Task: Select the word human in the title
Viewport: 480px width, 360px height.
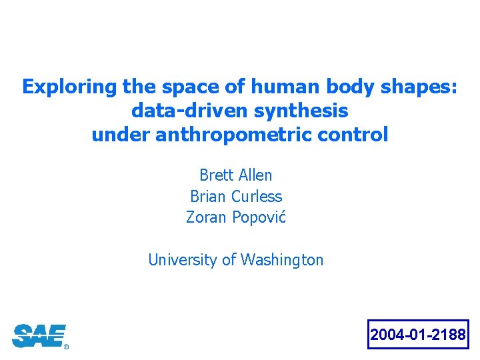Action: pyautogui.click(x=267, y=87)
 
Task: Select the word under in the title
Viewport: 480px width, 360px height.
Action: pyautogui.click(x=121, y=135)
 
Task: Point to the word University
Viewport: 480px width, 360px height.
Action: pyautogui.click(x=183, y=259)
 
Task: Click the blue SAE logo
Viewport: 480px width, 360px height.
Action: pyautogui.click(x=38, y=335)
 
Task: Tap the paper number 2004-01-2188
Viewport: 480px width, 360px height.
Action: pyautogui.click(x=418, y=335)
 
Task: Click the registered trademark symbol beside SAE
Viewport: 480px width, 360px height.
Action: pyautogui.click(x=66, y=347)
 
